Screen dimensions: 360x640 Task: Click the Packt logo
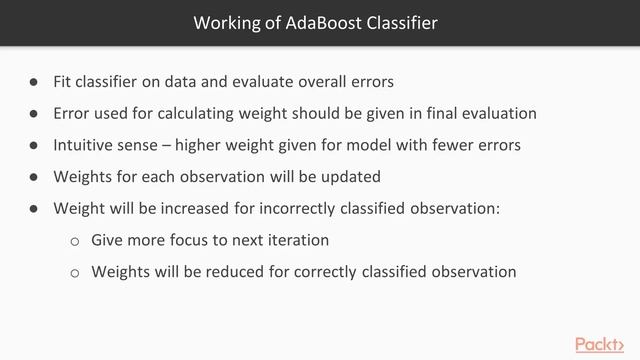point(605,344)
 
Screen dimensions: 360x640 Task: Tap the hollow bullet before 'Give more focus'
point(74,241)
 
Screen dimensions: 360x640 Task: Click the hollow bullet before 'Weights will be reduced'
point(74,272)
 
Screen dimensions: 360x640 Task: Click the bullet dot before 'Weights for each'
point(33,177)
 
